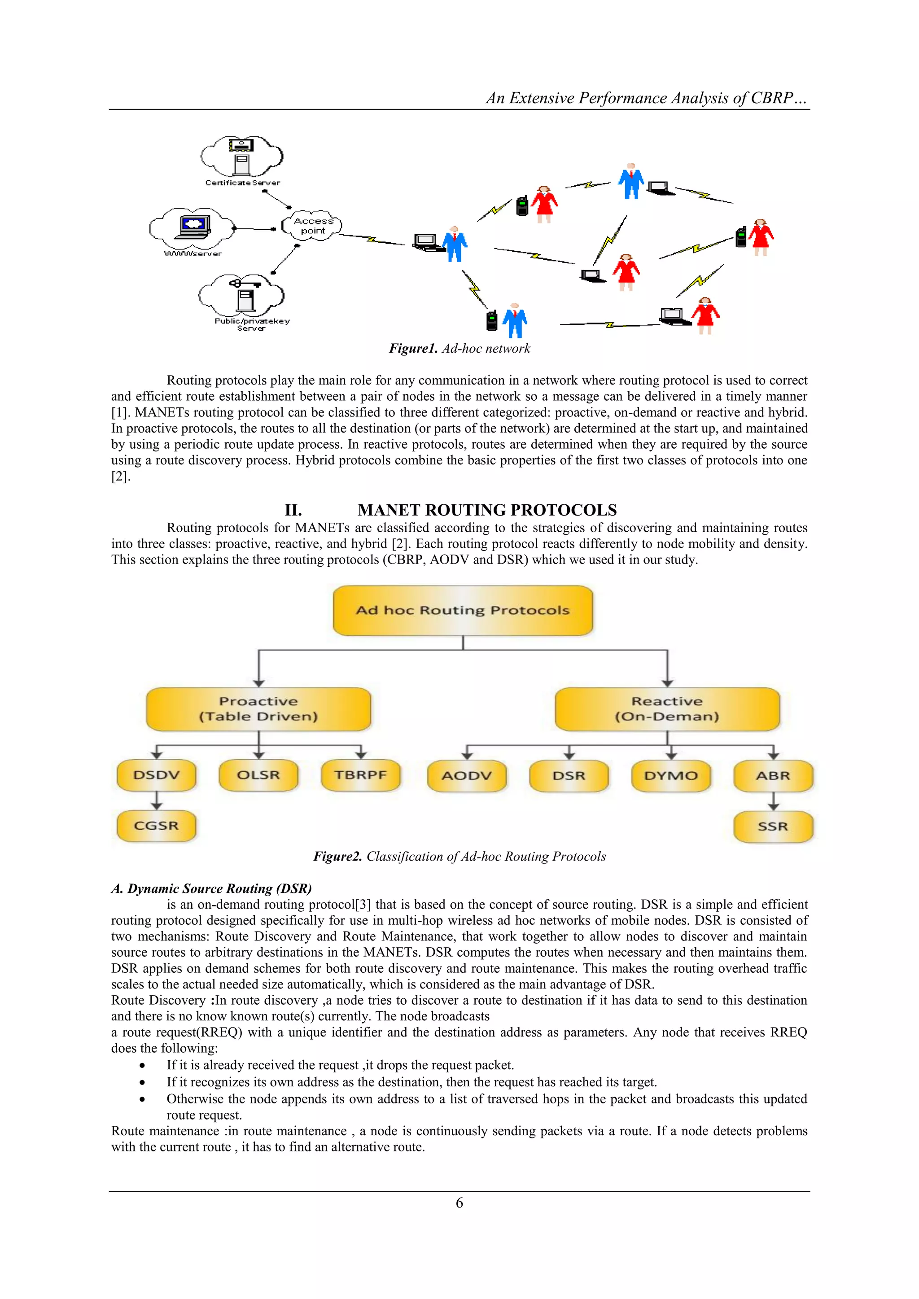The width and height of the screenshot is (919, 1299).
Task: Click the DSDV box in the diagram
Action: [x=156, y=774]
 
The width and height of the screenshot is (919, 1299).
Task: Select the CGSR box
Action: [x=156, y=826]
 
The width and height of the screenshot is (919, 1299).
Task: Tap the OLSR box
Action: [x=258, y=774]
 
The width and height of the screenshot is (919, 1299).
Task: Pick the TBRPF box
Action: [x=360, y=774]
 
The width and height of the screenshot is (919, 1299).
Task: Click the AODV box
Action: [x=467, y=776]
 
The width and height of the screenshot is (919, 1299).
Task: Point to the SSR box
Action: [x=773, y=827]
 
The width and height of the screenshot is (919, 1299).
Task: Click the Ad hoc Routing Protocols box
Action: [x=463, y=610]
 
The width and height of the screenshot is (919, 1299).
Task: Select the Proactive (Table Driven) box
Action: [x=258, y=709]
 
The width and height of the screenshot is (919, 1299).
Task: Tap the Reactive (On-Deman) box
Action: [x=667, y=709]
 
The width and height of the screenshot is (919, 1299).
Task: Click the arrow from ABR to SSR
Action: [x=774, y=801]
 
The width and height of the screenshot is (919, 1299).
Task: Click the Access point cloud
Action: [x=312, y=225]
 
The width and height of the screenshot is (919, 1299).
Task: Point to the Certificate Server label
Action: [x=242, y=183]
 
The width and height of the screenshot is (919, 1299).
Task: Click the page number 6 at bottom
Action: [x=459, y=1203]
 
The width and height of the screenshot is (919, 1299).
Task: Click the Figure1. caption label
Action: [x=413, y=349]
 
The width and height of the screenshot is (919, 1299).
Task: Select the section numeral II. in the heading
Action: [x=293, y=510]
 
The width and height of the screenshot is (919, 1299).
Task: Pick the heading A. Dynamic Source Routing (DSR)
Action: [x=211, y=888]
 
